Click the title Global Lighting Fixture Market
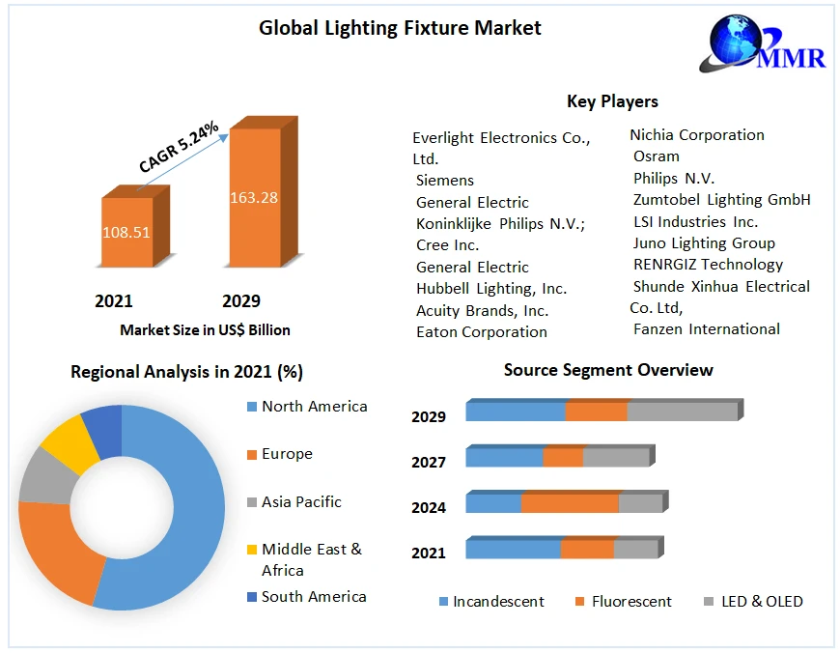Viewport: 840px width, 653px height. click(400, 28)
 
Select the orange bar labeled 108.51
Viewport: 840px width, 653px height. click(126, 233)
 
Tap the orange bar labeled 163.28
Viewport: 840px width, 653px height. click(254, 198)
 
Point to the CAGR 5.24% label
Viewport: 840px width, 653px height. click(179, 148)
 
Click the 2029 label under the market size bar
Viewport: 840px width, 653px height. click(240, 301)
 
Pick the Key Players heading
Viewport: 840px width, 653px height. click(612, 101)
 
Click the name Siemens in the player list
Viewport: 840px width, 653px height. click(445, 181)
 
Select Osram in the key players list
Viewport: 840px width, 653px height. click(657, 156)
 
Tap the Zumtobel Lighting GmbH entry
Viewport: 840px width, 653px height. click(721, 200)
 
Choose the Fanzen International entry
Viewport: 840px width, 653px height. click(706, 329)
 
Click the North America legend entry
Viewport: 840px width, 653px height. click(314, 407)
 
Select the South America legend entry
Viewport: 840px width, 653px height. click(314, 597)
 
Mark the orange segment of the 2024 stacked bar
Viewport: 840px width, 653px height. click(569, 503)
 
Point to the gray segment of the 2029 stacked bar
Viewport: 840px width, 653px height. click(682, 412)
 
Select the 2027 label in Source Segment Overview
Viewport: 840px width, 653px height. click(429, 463)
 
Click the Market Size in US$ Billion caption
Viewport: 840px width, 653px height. click(205, 330)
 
